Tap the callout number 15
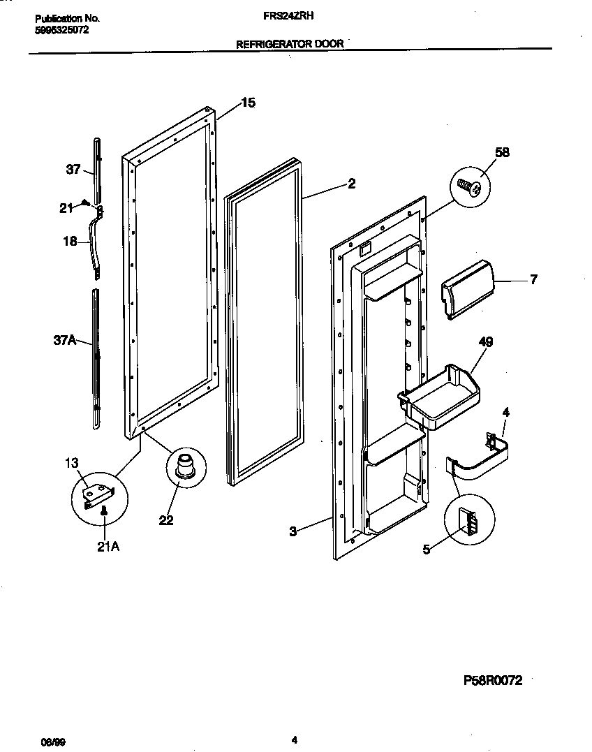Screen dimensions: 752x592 coord(248,103)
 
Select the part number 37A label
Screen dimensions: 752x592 coord(64,340)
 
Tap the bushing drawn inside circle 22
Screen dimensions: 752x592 coord(186,465)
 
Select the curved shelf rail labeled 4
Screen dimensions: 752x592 coord(478,462)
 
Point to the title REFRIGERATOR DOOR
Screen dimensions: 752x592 coord(290,43)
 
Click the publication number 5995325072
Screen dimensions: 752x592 coord(61,31)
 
